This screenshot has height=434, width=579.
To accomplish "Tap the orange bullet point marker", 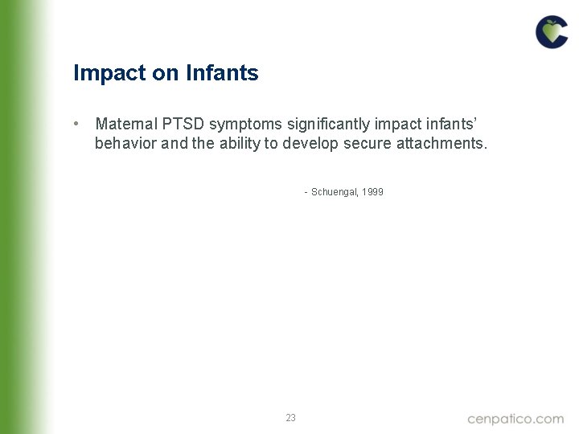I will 75,124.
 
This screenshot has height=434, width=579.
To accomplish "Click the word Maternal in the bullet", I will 125,124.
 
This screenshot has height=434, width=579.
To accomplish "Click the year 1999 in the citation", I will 373,192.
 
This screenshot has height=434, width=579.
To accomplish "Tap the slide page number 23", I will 290,417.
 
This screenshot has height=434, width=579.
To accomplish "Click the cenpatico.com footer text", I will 515,418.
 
